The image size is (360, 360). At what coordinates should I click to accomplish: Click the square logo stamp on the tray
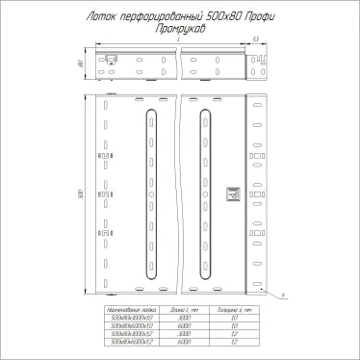tap(231, 195)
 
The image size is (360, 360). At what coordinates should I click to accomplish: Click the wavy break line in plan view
tap(177, 193)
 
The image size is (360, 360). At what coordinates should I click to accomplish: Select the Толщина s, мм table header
tap(234, 309)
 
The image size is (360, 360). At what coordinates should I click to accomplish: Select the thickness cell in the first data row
tap(234, 317)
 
